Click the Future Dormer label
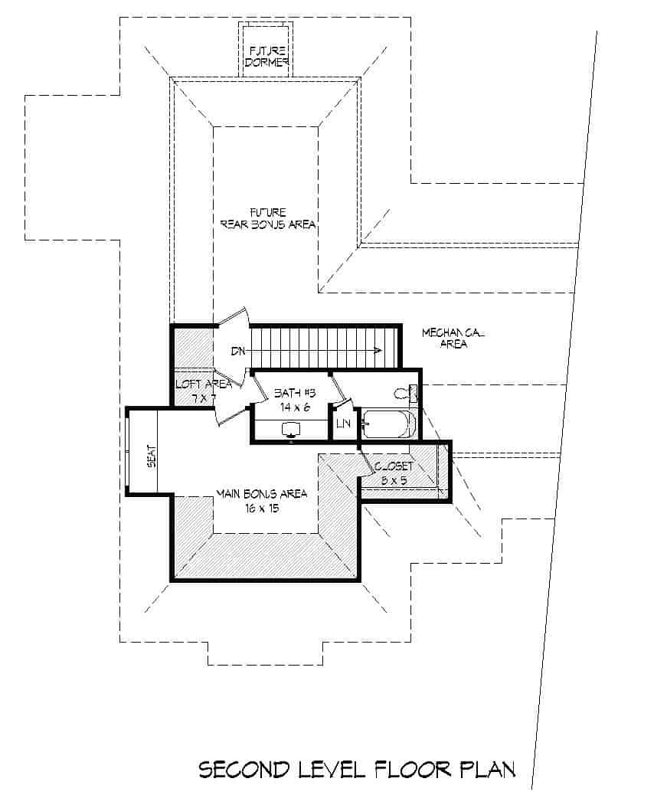[x=266, y=57]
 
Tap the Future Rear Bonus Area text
[x=267, y=218]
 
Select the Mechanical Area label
[x=454, y=339]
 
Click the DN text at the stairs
[x=239, y=351]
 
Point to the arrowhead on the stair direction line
[x=378, y=351]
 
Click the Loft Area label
[x=193, y=384]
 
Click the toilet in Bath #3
[x=405, y=394]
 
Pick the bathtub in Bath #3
[x=388, y=424]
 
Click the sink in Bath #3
[x=291, y=429]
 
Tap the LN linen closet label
[x=342, y=423]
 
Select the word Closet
[x=394, y=466]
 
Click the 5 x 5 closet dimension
[x=394, y=480]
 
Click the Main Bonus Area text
[x=261, y=493]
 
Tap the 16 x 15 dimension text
[x=261, y=508]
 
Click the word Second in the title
[x=244, y=770]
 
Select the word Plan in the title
[x=488, y=770]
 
